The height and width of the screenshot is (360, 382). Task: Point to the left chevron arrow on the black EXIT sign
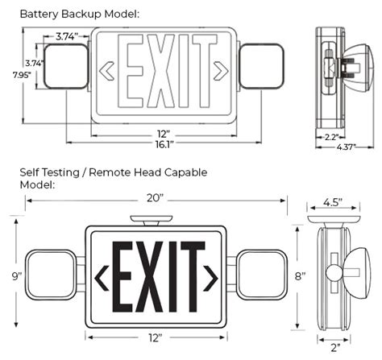tap(102, 279)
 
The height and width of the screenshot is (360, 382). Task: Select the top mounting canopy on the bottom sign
tap(151, 219)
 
